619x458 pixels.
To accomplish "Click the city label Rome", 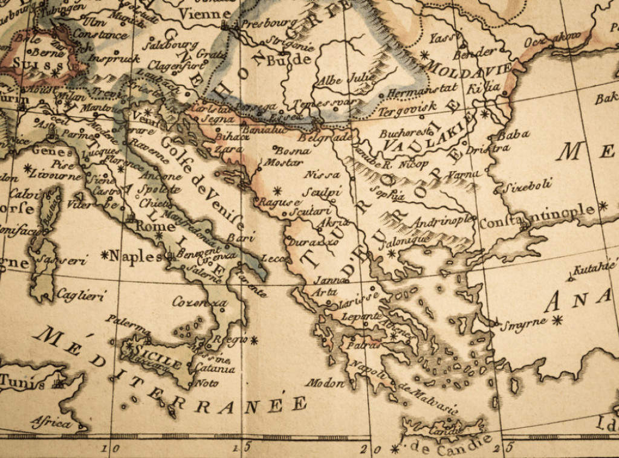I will [x=148, y=225].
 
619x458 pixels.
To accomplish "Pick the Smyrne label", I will [x=523, y=323].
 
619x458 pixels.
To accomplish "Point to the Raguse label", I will [x=279, y=202].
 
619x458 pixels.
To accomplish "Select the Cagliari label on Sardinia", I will [x=81, y=295].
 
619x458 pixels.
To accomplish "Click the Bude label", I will [x=290, y=60].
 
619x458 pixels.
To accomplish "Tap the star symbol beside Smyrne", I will [x=557, y=320].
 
